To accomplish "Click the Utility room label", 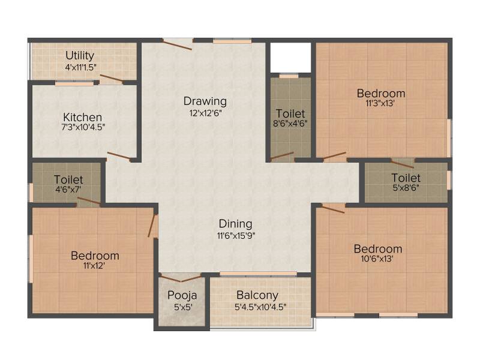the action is [80, 56].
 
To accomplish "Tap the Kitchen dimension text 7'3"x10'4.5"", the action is [83, 127].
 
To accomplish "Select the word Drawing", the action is [205, 101].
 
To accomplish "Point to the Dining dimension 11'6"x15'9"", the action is [236, 236].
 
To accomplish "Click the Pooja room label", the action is [182, 295].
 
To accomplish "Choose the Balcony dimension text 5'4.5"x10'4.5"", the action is [260, 307].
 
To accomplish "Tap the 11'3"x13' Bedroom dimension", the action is [380, 103].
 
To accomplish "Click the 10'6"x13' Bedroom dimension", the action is [377, 259].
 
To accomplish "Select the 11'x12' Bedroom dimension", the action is [94, 265].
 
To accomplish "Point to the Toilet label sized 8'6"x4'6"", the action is [290, 114].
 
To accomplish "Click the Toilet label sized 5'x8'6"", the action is [406, 178].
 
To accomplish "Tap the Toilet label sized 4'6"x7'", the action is [68, 179].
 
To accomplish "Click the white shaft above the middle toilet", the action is [290, 57].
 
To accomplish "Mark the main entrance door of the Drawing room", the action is [177, 44].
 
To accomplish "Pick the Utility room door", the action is [112, 79].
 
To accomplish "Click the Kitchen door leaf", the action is [119, 155].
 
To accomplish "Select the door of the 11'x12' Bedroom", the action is [152, 226].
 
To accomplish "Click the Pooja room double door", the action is [181, 278].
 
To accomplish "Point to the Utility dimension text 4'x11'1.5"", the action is [81, 67].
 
